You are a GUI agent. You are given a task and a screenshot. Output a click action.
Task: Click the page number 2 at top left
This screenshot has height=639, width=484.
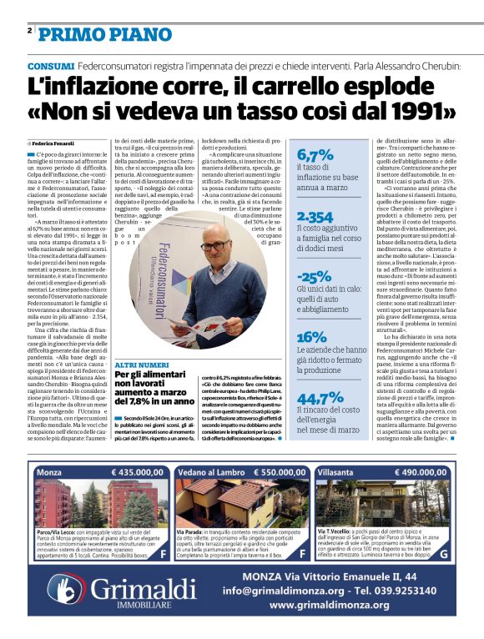29,31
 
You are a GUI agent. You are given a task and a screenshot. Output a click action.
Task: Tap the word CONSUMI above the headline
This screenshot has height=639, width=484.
49,66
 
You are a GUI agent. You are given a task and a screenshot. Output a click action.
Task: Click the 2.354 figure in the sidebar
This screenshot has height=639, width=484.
315,217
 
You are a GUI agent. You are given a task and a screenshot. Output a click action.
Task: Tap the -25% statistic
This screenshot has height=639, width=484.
315,277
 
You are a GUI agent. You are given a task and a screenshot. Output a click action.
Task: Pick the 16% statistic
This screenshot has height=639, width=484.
312,337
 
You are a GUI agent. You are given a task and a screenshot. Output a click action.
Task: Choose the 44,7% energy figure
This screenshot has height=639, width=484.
320,398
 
